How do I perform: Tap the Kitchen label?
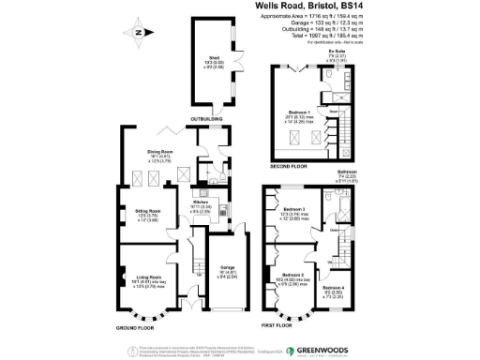click(x=203, y=202)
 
